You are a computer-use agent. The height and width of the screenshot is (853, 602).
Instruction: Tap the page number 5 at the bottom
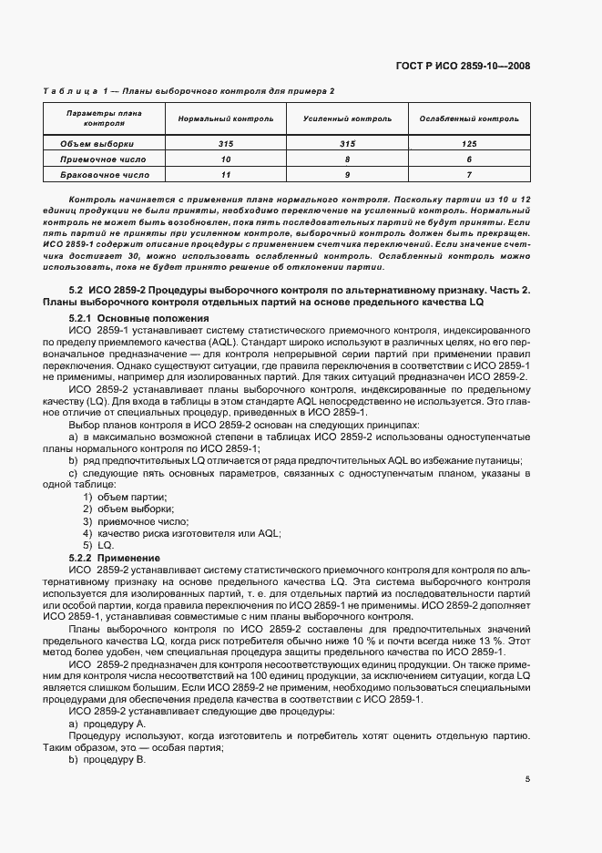click(x=528, y=778)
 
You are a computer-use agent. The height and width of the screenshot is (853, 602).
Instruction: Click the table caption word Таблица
click(x=69, y=92)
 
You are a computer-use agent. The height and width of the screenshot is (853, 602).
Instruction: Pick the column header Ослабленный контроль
click(x=469, y=118)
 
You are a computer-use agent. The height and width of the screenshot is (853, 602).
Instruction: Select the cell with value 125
click(x=469, y=143)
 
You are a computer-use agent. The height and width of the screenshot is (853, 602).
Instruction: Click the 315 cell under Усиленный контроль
click(x=347, y=143)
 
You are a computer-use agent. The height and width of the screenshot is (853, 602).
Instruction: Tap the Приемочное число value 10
click(x=225, y=159)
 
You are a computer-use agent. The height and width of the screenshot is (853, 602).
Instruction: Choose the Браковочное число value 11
click(x=225, y=173)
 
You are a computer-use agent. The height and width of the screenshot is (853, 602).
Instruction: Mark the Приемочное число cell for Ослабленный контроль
click(x=469, y=159)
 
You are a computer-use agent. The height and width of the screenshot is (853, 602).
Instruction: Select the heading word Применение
click(x=133, y=557)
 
